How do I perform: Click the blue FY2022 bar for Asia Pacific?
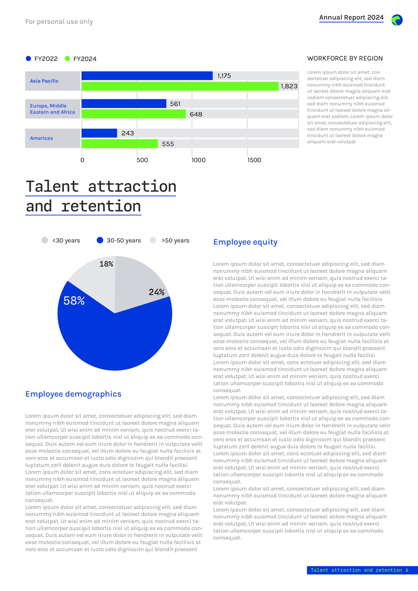(147, 76)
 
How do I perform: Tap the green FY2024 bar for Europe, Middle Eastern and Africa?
(134, 114)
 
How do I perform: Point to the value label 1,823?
(289, 86)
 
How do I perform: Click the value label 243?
(128, 133)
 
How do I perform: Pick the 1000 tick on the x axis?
(199, 160)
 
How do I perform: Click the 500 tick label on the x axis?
(142, 160)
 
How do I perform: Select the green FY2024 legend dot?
(67, 59)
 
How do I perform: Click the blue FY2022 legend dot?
(28, 59)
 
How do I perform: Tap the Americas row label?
(42, 138)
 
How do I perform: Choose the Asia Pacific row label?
(44, 81)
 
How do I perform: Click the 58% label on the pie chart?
(74, 301)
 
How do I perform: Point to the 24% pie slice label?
(157, 292)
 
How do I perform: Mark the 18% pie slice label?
(106, 264)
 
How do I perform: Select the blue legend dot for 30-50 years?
(100, 240)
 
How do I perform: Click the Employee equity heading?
(245, 242)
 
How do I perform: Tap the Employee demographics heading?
(73, 394)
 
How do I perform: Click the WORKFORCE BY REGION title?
(345, 58)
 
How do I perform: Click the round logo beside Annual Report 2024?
(397, 20)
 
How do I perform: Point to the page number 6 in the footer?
(407, 570)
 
